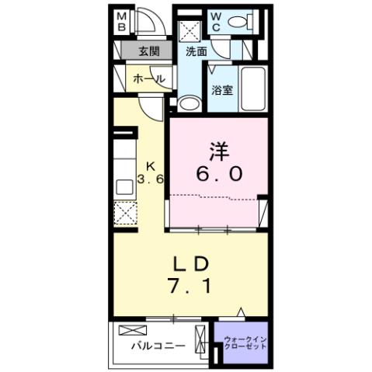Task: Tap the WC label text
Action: coord(216,22)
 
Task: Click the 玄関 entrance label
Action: coord(149,52)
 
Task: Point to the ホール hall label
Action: coord(147,79)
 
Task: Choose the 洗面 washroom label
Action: coord(196,52)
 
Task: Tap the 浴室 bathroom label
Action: coord(222,90)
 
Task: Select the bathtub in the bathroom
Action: coord(252,90)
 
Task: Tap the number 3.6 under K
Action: coord(151,179)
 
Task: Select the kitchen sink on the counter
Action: coord(124,186)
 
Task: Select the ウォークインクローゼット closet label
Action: coord(245,342)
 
